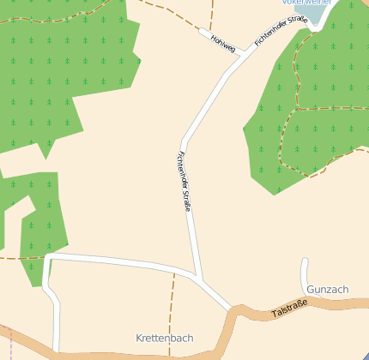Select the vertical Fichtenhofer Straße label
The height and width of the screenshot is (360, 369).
(183, 182)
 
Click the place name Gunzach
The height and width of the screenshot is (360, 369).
(327, 290)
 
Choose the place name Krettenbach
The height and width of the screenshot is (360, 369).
(163, 339)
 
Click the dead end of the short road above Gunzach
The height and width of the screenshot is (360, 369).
(305, 260)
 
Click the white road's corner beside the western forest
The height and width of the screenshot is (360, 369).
(48, 256)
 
